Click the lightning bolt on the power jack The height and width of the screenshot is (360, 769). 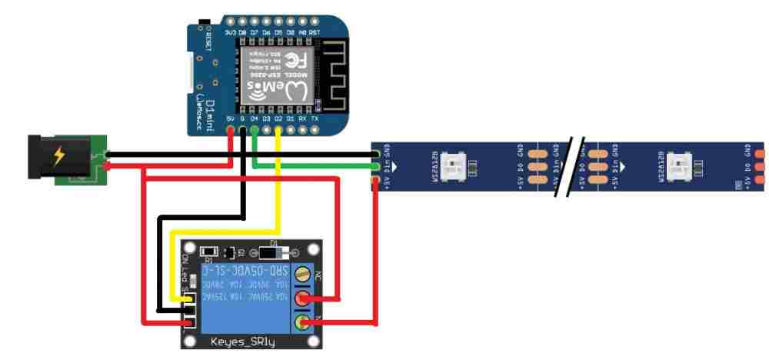[58, 158]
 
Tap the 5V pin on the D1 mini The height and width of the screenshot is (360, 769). [231, 130]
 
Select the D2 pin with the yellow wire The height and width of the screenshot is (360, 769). [278, 130]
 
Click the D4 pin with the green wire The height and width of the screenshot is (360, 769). [255, 130]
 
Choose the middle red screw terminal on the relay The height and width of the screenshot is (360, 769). [306, 298]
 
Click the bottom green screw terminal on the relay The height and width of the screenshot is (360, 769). [306, 323]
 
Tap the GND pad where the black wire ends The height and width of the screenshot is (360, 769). [376, 152]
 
